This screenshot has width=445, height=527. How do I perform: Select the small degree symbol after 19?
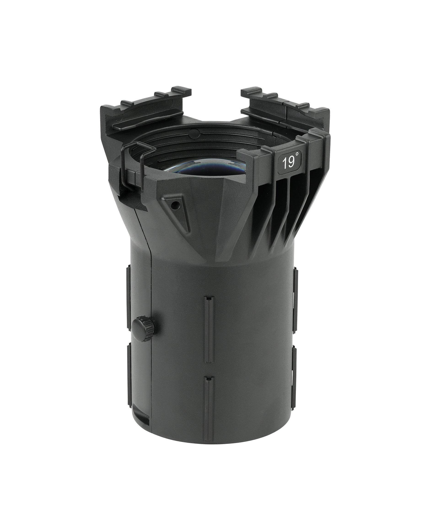[298, 154]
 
